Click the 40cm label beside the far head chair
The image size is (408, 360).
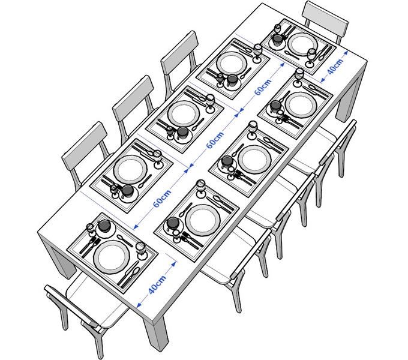coord(335,67)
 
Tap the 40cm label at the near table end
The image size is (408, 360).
coord(157,284)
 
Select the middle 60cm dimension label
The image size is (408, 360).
coord(215,140)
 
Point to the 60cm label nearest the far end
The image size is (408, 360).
coord(263,87)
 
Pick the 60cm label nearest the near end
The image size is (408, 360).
coord(162,199)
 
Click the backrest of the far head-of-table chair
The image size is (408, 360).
coord(326,18)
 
